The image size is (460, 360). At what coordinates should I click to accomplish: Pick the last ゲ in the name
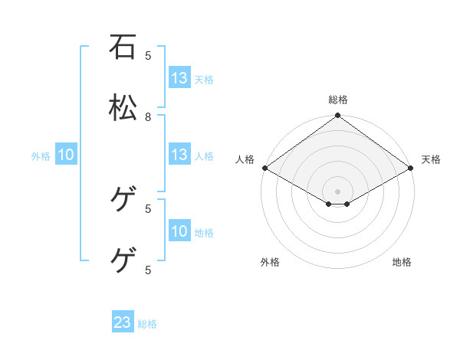(123, 261)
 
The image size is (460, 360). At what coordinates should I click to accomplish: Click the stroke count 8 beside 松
(148, 116)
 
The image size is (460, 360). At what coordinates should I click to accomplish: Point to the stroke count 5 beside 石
(148, 55)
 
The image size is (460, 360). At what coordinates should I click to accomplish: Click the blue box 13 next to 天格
(179, 78)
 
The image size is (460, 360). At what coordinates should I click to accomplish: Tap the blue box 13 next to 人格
(179, 155)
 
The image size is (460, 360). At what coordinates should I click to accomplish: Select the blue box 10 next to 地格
(179, 231)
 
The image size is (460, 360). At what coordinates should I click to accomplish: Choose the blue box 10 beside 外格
(66, 155)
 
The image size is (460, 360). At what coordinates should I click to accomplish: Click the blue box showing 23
(123, 322)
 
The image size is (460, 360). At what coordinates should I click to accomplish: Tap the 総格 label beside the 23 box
(147, 324)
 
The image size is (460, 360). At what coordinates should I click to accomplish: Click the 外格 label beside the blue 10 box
(41, 156)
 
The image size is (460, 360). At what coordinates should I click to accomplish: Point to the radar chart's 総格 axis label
(338, 100)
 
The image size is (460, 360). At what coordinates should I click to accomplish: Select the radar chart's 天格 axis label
(431, 159)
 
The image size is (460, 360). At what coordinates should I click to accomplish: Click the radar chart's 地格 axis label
(402, 262)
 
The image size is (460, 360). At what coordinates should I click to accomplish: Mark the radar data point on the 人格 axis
(264, 168)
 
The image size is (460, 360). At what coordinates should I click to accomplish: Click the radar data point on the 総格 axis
(338, 116)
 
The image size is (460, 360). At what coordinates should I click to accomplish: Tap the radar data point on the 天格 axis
(412, 168)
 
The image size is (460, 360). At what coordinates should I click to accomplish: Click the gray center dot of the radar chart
(338, 191)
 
